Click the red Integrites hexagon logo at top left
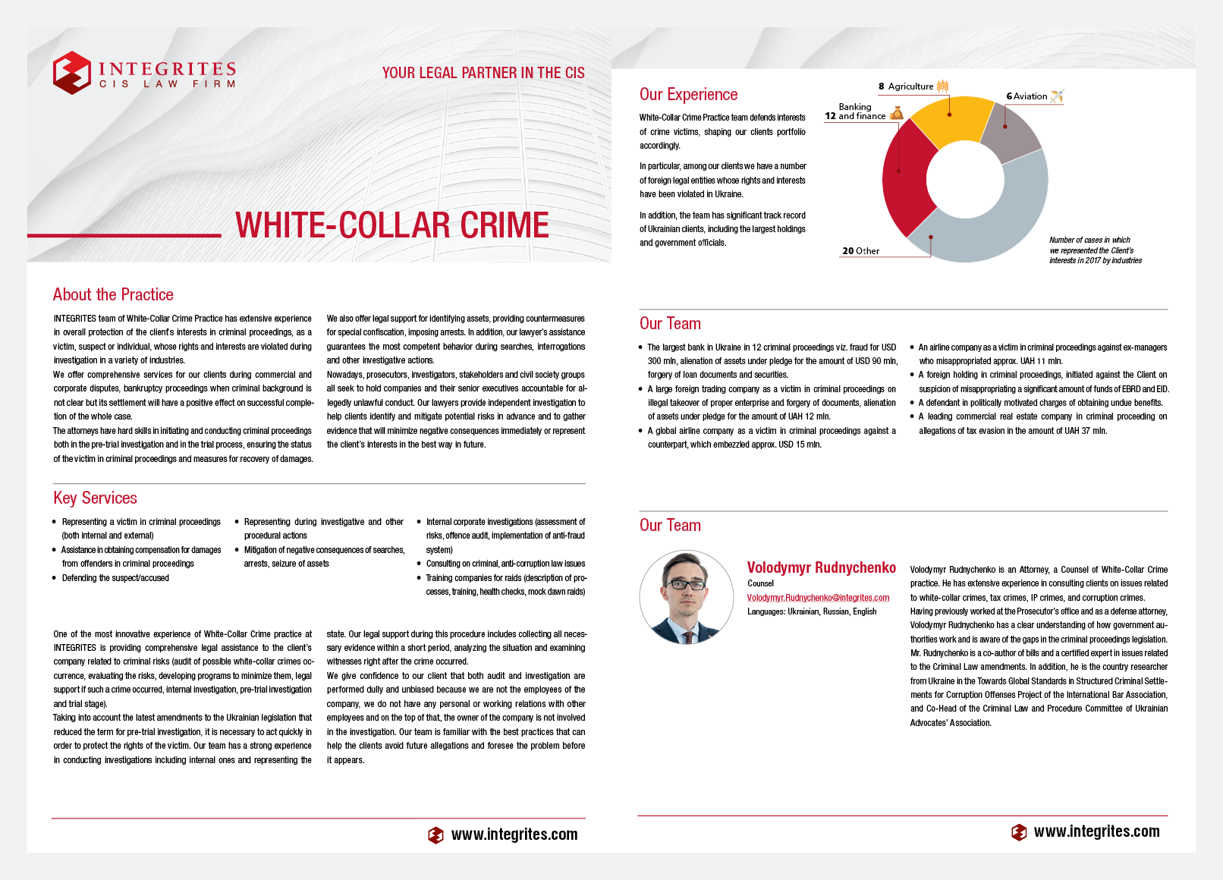coord(72,73)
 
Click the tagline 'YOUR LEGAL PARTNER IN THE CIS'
coord(483,73)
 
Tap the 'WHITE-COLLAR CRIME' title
coord(391,225)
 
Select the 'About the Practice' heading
coord(113,294)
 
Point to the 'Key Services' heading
coord(95,498)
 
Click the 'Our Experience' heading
coord(688,94)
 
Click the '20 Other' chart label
coord(860,251)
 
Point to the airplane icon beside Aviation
coord(1057,96)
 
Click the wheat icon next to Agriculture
coord(942,86)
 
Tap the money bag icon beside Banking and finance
coord(897,113)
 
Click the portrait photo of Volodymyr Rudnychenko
coord(687,597)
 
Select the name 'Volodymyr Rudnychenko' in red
coord(821,567)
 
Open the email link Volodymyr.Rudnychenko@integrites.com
coord(818,598)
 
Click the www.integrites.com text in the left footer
coord(514,834)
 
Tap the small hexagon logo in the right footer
coord(1019,832)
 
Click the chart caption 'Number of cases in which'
coord(1089,240)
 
